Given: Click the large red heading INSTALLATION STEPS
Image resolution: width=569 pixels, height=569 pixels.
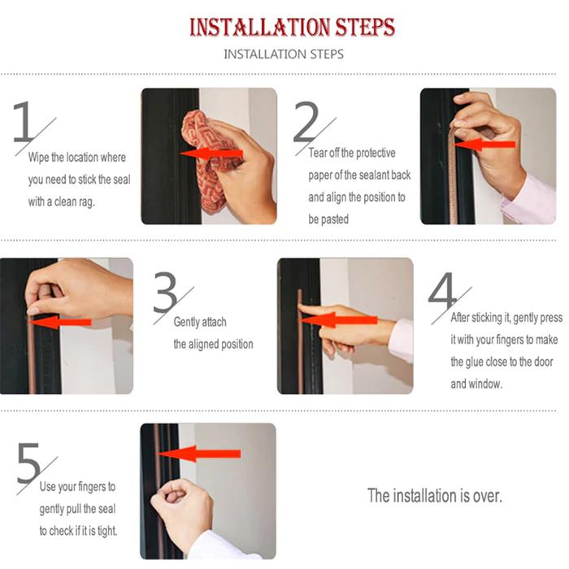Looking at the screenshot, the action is (x=292, y=27).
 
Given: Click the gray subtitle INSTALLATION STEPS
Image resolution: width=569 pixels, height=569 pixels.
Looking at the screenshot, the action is (x=284, y=54).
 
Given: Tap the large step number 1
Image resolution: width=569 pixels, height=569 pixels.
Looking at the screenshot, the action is (x=24, y=121).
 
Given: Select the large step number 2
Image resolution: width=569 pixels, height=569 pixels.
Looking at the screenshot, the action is (x=306, y=121).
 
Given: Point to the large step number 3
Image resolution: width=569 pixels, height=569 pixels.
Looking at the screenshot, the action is (x=165, y=292).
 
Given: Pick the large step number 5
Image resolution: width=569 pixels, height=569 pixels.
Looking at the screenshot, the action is (x=28, y=463).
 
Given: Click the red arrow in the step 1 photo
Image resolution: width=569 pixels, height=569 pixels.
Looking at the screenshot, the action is (x=211, y=154).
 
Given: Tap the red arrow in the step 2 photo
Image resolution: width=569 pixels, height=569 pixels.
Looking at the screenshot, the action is (x=484, y=145).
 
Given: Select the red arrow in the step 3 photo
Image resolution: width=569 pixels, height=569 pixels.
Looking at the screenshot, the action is (x=60, y=322).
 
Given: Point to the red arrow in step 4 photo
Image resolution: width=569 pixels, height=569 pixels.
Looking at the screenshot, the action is (x=339, y=320).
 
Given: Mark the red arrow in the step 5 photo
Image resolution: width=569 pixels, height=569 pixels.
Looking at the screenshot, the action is (x=200, y=454).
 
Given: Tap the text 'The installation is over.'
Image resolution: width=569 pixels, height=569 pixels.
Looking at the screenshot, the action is (x=435, y=495).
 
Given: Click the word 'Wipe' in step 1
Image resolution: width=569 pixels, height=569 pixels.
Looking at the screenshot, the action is (x=38, y=157).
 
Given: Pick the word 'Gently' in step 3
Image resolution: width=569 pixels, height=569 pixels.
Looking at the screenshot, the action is (x=186, y=322).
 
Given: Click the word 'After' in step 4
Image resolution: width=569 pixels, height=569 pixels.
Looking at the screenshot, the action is (x=460, y=318).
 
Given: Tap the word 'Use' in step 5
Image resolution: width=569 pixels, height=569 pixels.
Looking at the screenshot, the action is (x=47, y=486).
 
